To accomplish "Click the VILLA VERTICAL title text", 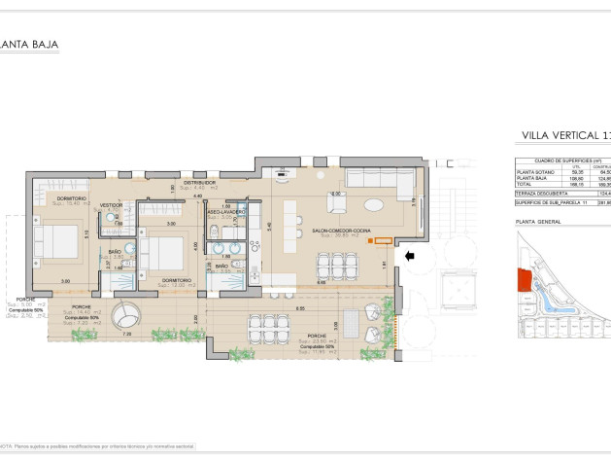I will point(564,135).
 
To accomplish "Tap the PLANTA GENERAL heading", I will point(538,222).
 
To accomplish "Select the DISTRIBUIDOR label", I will point(200,182).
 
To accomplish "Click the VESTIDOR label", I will point(111,205).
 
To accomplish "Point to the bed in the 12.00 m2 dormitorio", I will point(163,254).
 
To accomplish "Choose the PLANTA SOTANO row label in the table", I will point(534,172).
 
